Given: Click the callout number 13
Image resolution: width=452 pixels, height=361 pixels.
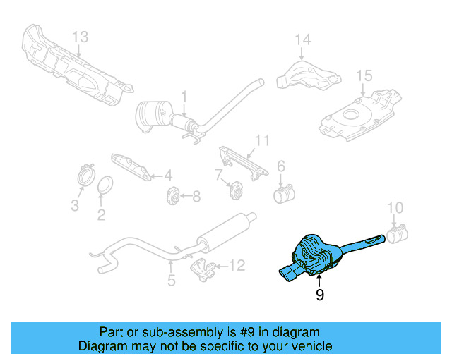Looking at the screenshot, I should point(81,37).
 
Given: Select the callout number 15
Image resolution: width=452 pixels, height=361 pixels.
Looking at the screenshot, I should point(363,75).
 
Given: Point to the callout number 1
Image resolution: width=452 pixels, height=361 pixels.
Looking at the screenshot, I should point(184,97).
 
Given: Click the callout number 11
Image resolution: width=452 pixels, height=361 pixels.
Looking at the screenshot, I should point(262,141).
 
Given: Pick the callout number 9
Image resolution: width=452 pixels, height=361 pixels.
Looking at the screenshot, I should point(319,295).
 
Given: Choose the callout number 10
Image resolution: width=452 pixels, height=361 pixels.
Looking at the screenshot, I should point(395,207).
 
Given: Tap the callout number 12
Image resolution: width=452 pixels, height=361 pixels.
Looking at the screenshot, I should point(237,266).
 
